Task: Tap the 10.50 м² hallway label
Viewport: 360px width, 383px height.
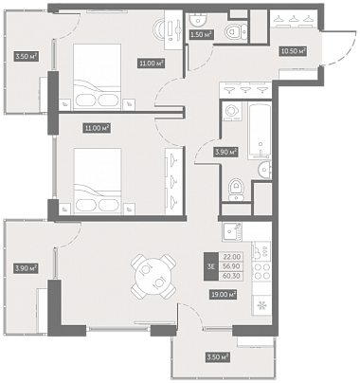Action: [294, 51]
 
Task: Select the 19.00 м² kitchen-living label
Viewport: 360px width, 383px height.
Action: [224, 295]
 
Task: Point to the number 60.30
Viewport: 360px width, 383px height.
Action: [231, 276]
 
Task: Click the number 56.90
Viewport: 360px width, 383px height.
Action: [231, 266]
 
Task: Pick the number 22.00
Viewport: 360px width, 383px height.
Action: [231, 257]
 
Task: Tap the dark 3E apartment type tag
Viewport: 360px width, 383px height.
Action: [211, 266]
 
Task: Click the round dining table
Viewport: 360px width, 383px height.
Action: [153, 276]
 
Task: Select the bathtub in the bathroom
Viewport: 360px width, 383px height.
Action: [260, 130]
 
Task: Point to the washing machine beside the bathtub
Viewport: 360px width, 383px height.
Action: [232, 111]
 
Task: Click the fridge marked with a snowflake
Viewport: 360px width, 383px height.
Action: [261, 305]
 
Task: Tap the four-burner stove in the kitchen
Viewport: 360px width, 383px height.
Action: [261, 271]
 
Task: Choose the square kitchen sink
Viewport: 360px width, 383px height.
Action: [231, 232]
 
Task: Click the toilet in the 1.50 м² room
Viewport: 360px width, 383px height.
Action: [236, 32]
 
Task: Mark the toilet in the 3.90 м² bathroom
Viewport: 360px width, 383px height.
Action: [236, 190]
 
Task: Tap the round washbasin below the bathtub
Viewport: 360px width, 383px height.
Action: [264, 170]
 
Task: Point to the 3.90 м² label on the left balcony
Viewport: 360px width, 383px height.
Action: [26, 269]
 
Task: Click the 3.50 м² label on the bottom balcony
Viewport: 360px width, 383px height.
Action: [217, 357]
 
